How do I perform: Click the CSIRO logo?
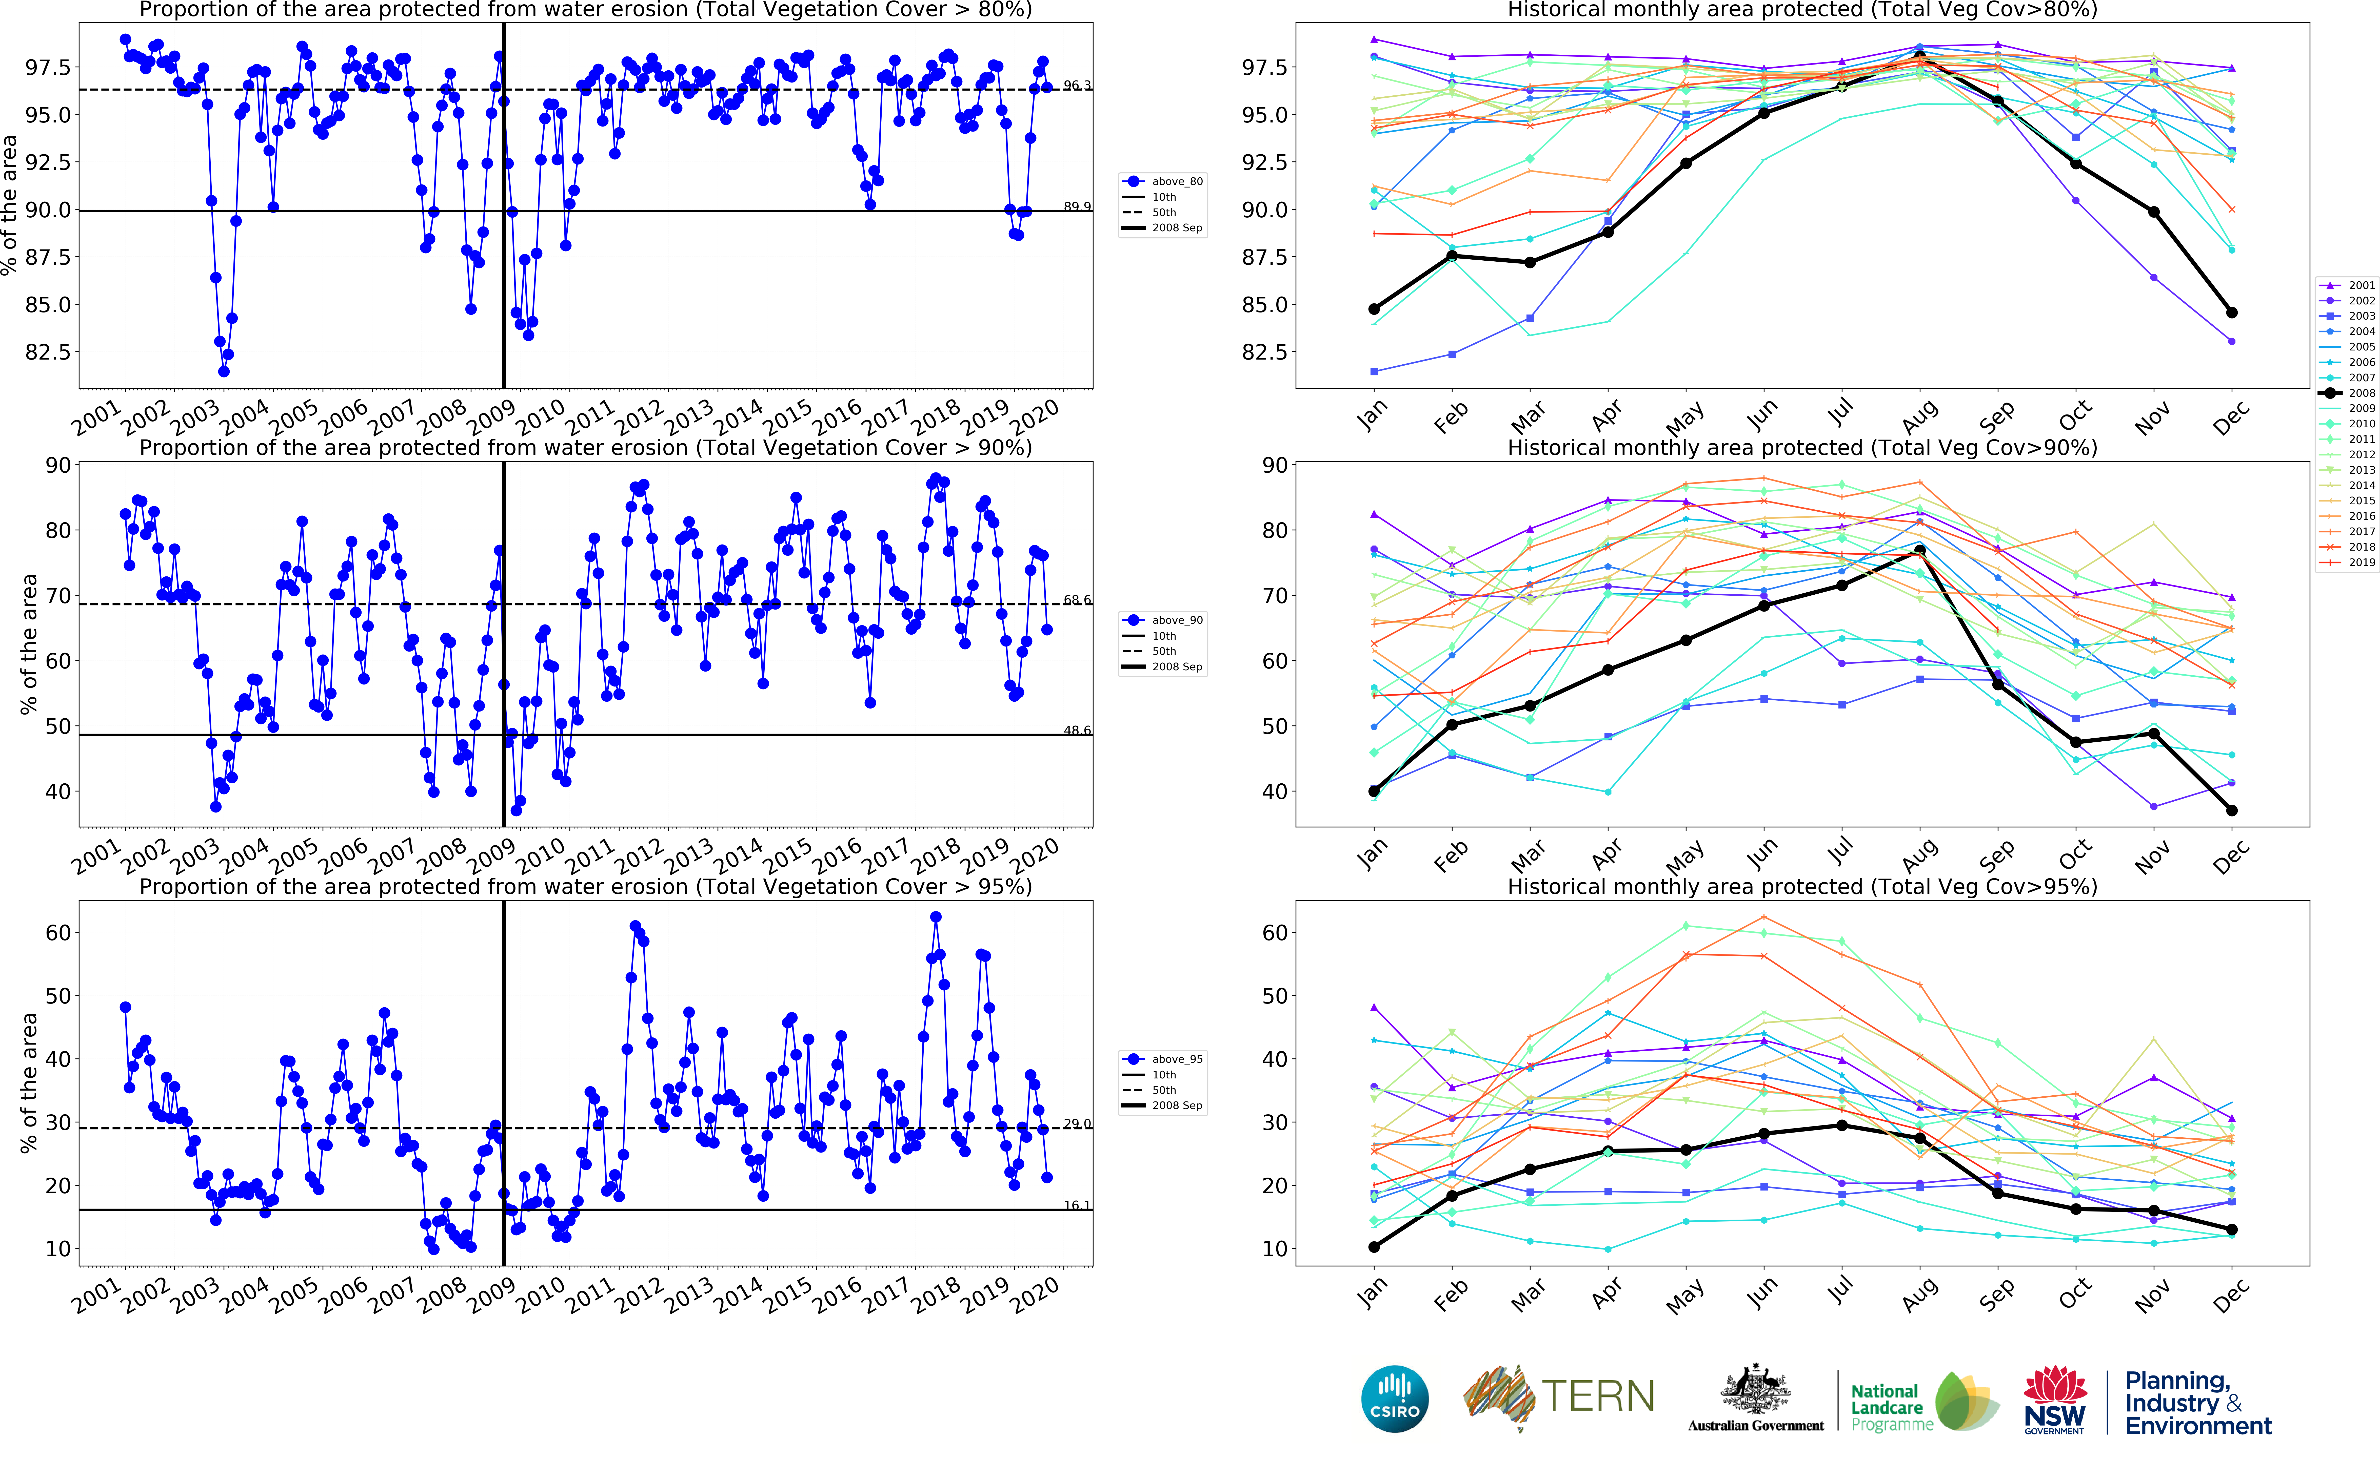coord(1394,1399)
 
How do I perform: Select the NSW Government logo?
coord(2054,1399)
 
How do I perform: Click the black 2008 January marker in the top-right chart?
coord(1374,309)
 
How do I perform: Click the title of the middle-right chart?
coord(1802,447)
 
